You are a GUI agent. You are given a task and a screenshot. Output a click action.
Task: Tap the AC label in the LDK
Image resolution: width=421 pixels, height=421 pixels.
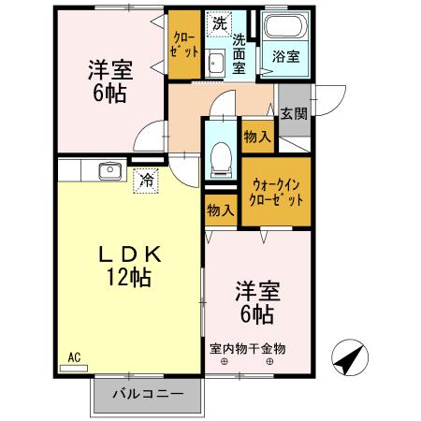click(74, 356)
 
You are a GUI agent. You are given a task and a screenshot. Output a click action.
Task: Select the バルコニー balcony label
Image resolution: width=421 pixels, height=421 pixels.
click(148, 392)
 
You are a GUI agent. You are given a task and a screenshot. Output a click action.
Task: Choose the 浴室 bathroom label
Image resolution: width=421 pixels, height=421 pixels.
click(286, 56)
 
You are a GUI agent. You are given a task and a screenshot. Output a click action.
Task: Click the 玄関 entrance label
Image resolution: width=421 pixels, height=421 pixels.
click(294, 113)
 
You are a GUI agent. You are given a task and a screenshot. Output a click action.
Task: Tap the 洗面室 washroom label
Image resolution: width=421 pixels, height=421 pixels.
click(240, 53)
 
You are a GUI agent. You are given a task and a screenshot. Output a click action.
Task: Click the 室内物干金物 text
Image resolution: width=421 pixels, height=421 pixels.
click(248, 348)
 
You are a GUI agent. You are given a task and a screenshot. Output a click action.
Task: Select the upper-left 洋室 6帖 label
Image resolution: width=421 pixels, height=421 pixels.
click(110, 80)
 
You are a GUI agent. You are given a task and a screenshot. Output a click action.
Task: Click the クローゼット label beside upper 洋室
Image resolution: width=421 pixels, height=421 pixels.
click(183, 44)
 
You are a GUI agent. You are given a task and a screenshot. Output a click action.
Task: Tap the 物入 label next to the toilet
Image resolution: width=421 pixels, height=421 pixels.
click(257, 137)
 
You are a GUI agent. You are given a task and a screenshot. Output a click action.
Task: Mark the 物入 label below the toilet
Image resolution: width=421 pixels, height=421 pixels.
click(221, 210)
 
